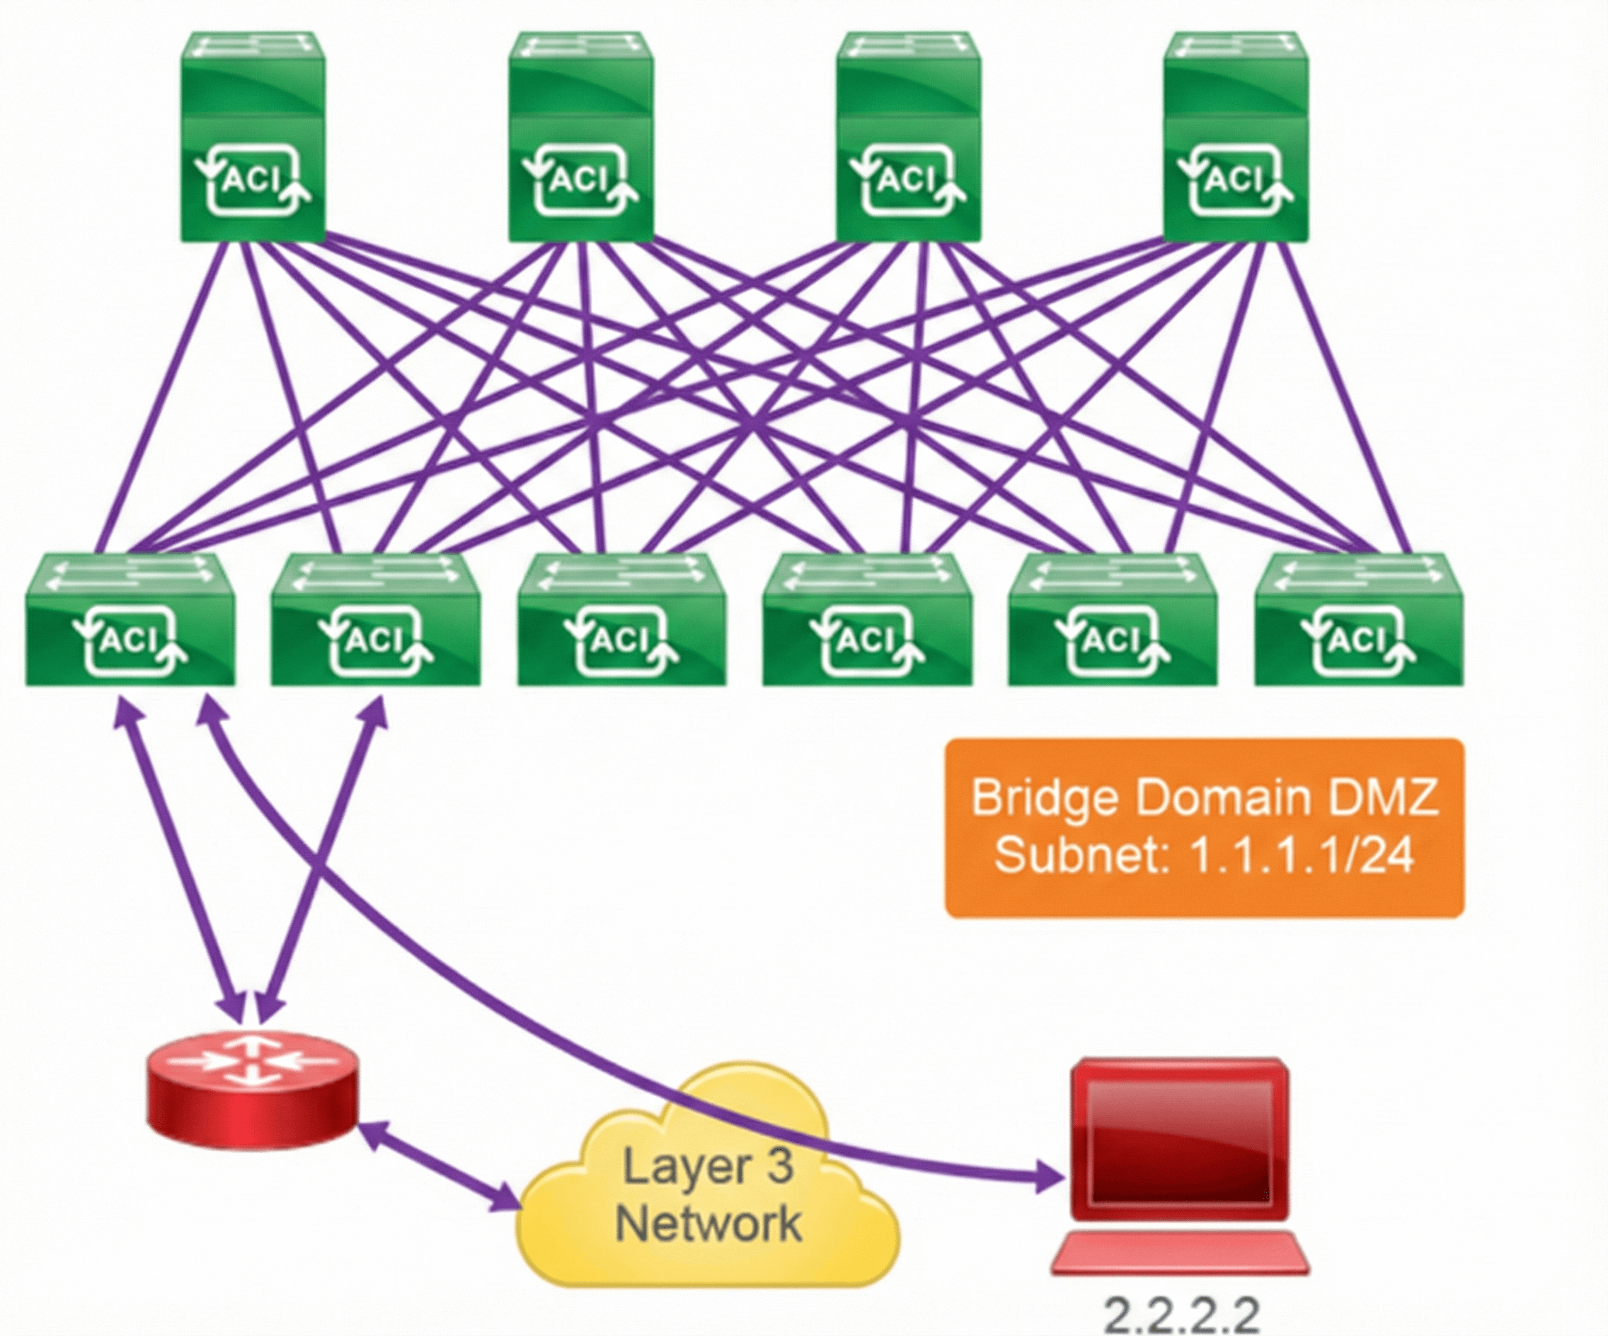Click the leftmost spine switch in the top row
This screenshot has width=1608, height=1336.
(x=253, y=138)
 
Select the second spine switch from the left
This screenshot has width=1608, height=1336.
(x=580, y=138)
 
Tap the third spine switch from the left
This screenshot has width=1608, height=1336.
(x=908, y=138)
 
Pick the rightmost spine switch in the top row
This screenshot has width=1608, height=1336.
(x=1235, y=138)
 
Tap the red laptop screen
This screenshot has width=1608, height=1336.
(x=1179, y=1141)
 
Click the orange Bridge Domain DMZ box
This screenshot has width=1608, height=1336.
(x=1205, y=827)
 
